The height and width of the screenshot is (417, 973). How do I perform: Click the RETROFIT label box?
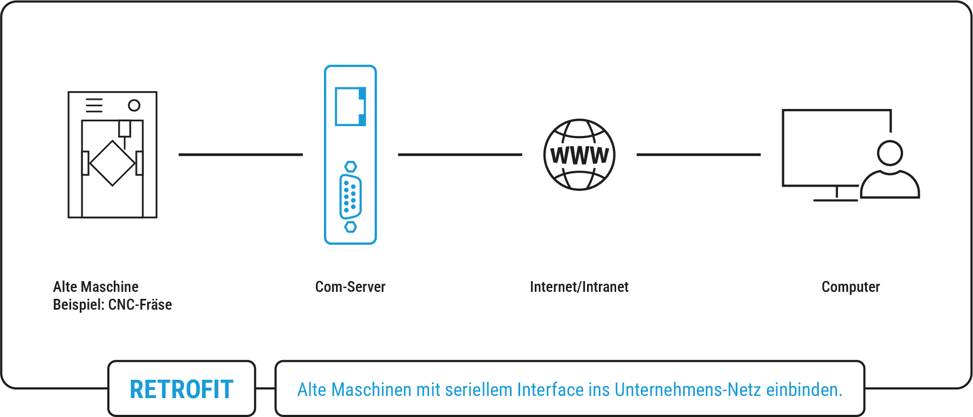pos(182,389)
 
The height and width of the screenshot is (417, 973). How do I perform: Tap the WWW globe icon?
pos(579,155)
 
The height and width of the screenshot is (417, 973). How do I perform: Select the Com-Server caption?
pos(350,287)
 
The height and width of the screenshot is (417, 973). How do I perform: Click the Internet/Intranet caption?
pos(579,287)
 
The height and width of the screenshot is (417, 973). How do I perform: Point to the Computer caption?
pos(851,287)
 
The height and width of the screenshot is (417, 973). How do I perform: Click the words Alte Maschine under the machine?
pos(96,287)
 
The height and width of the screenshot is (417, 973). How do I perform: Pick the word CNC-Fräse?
pos(140,305)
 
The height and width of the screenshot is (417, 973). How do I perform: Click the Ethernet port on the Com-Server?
pos(350,106)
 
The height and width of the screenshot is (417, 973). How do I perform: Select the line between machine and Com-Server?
pos(240,155)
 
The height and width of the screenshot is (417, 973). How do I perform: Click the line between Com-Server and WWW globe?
pos(460,155)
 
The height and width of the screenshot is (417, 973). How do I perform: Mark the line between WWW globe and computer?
pos(698,155)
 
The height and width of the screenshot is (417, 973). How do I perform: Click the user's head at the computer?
pos(889,153)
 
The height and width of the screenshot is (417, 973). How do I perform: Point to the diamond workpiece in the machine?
pos(112,163)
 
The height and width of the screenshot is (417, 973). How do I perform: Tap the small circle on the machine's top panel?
pos(134,105)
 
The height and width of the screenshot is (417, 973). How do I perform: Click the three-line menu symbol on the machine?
pos(94,105)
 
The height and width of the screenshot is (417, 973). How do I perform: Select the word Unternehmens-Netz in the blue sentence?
pos(687,389)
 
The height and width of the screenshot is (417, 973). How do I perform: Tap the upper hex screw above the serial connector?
pos(350,166)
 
